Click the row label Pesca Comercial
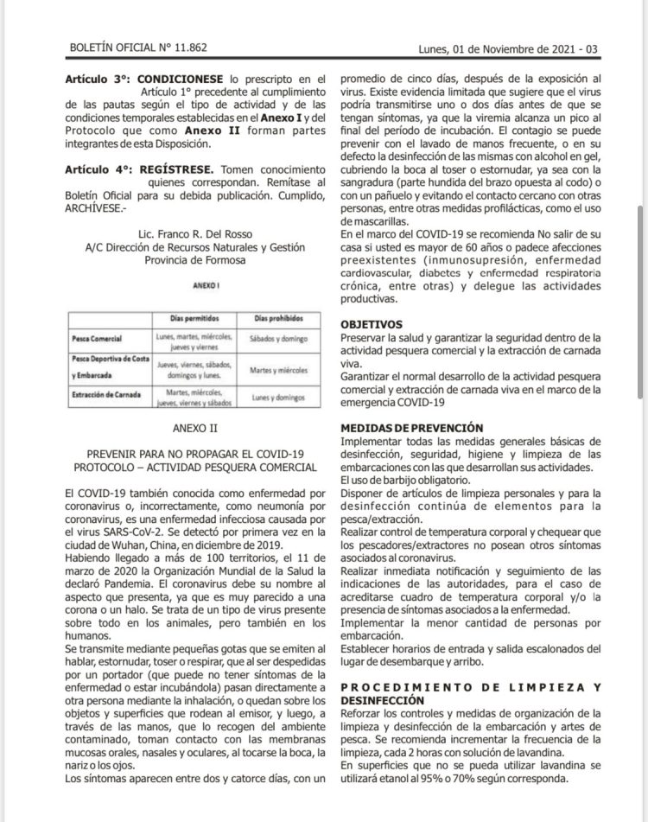[x=97, y=338]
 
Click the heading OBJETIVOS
[x=374, y=322]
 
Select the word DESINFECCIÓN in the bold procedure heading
[x=383, y=700]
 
